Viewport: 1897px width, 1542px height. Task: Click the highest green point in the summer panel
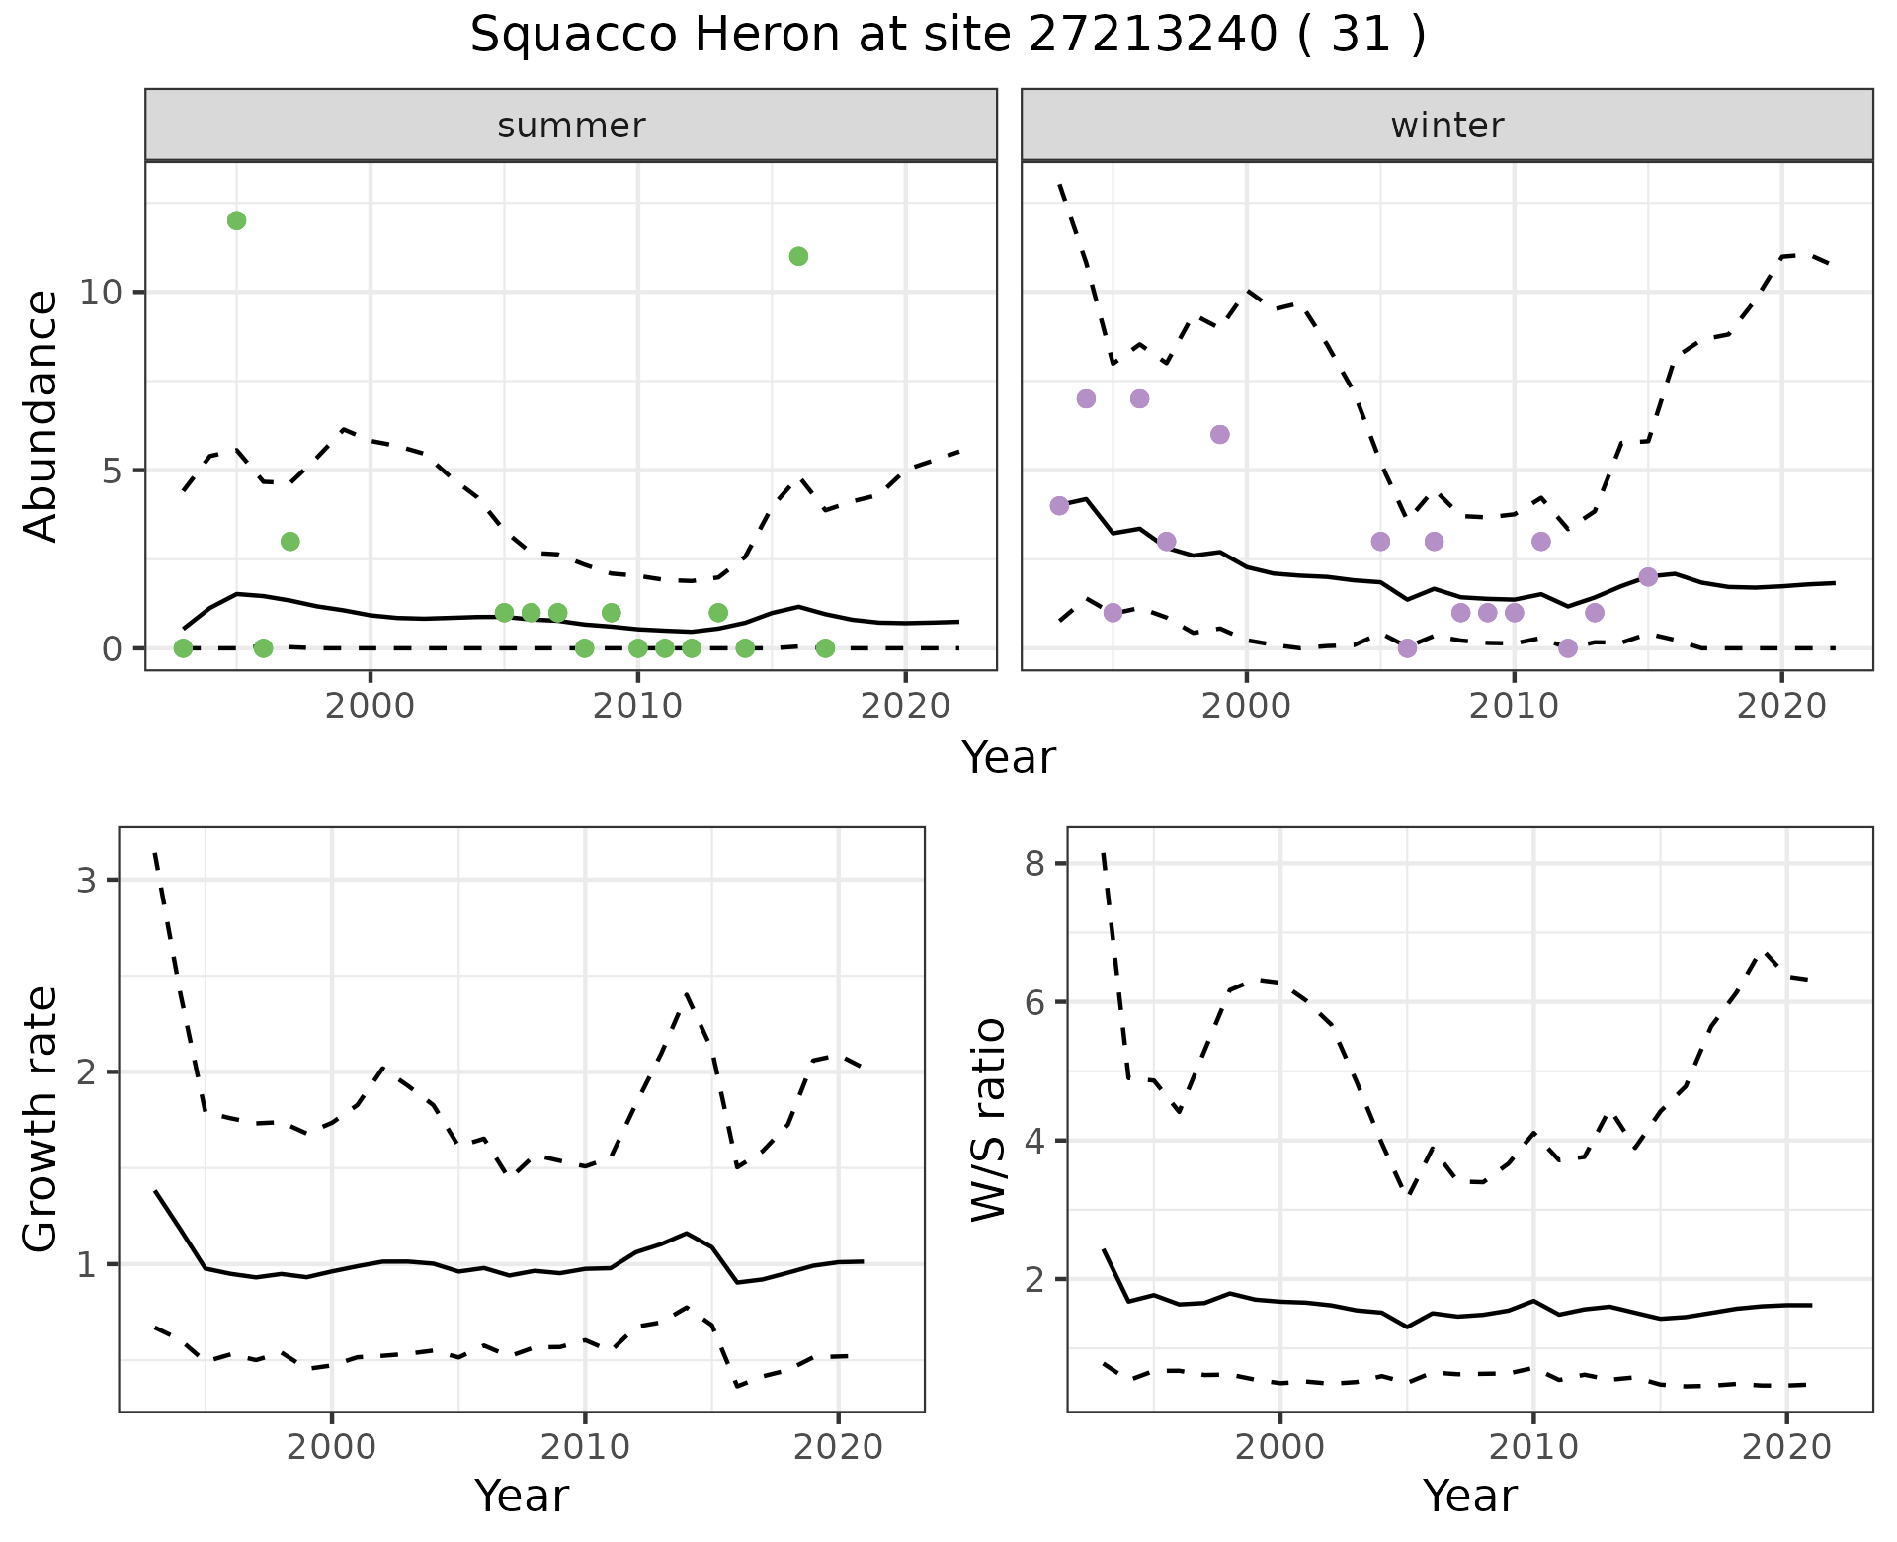(x=236, y=220)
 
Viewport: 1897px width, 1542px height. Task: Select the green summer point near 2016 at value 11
(x=798, y=256)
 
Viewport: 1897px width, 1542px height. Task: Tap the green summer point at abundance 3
(x=289, y=541)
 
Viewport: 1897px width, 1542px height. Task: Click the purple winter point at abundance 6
(x=1219, y=434)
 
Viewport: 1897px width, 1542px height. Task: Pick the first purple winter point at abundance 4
(x=1059, y=505)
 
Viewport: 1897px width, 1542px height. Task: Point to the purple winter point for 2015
(x=1647, y=576)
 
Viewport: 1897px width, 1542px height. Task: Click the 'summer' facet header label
(x=571, y=126)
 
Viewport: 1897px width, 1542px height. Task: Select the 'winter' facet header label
(x=1446, y=126)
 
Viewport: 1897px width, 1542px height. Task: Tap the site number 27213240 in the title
(x=1152, y=36)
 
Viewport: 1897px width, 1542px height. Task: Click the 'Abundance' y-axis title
(x=41, y=415)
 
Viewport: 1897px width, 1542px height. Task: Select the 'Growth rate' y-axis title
(x=41, y=1119)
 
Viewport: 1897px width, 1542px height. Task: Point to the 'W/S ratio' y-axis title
(x=988, y=1119)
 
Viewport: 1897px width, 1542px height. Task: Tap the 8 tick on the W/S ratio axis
(x=1034, y=864)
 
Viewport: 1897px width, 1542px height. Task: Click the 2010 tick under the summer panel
(x=637, y=706)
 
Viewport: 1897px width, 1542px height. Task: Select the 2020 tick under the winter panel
(x=1780, y=706)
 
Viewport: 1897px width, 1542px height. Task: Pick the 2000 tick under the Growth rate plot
(x=331, y=1447)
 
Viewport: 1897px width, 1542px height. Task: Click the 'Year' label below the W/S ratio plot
(x=1469, y=1496)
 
